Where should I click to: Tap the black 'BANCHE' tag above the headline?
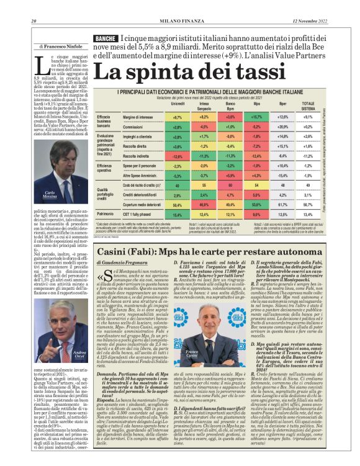(x=105, y=39)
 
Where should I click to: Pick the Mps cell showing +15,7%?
(x=256, y=117)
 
